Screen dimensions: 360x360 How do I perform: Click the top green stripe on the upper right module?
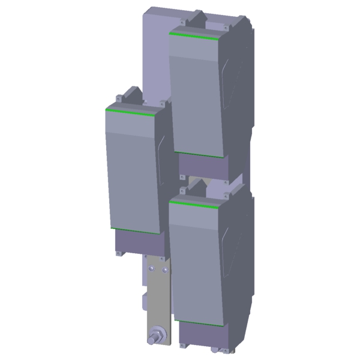click(x=194, y=36)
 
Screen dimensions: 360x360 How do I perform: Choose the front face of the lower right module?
click(x=198, y=264)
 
